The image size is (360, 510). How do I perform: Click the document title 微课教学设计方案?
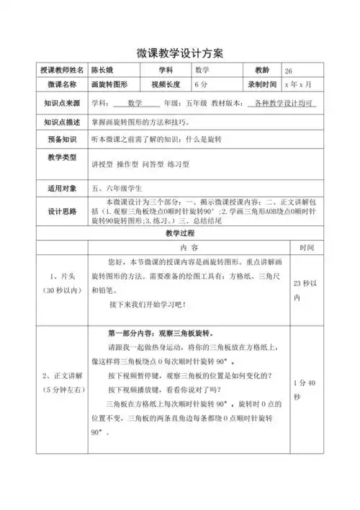[179, 55]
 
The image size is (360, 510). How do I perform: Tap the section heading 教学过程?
[180, 235]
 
